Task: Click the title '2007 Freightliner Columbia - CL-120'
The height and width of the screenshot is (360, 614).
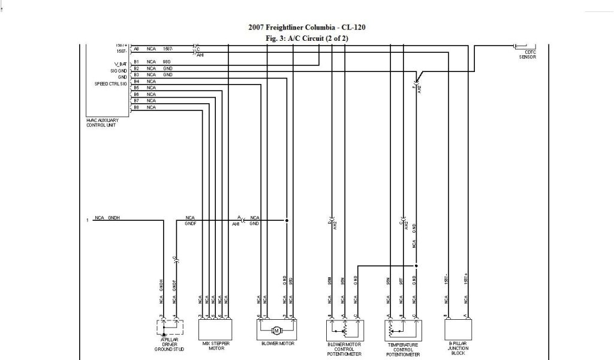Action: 306,28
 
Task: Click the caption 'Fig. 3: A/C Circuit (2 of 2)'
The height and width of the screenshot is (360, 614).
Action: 306,38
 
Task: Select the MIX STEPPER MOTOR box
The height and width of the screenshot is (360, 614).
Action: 215,329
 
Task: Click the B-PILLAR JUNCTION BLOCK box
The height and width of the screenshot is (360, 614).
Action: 458,329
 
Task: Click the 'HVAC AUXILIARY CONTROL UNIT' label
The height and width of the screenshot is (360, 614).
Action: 103,122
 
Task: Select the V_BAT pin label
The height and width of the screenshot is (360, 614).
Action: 121,63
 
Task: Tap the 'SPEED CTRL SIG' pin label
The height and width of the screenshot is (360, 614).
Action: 111,83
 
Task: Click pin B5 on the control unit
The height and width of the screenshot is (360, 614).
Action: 136,88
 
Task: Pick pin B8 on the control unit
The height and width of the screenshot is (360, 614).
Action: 136,107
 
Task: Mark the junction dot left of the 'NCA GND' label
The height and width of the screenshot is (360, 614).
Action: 287,220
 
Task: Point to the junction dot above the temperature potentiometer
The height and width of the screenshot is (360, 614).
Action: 416,265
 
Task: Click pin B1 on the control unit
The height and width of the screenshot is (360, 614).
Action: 136,61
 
